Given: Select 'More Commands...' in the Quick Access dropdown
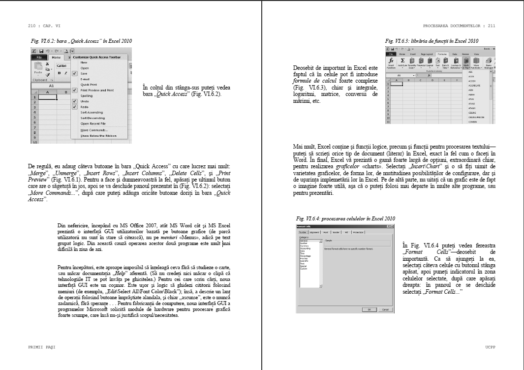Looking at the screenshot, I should coord(94,130).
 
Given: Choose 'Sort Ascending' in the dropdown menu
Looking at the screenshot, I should coord(92,112).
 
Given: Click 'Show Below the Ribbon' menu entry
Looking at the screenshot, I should coord(98,135).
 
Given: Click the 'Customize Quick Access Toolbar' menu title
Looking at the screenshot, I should coord(96,57).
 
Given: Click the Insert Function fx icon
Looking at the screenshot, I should coord(391,62).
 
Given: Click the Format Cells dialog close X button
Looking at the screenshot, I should coord(392,226).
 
